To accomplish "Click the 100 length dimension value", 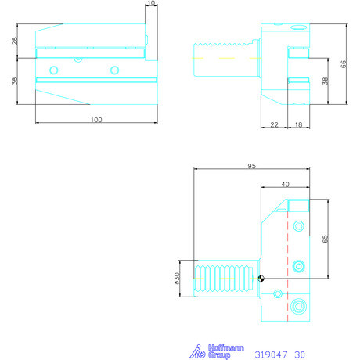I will [x=96, y=120].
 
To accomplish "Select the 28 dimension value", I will [x=15, y=41].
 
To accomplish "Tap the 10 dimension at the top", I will [x=151, y=5].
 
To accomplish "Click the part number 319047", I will [x=270, y=354].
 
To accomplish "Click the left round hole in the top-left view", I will [x=53, y=70].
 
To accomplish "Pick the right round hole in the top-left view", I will [x=114, y=70].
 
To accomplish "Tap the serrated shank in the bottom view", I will [x=226, y=279].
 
